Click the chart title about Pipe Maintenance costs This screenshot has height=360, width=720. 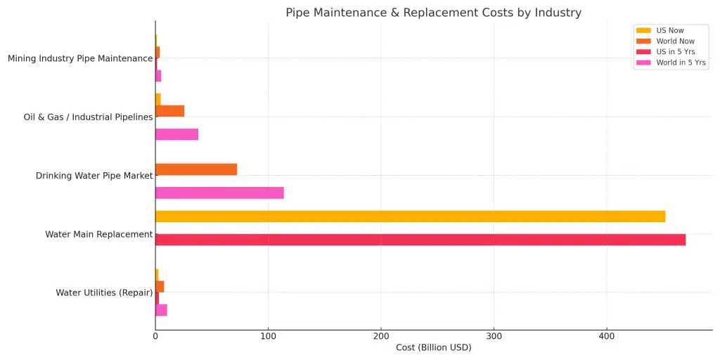[433, 13]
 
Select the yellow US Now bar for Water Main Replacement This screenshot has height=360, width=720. [410, 217]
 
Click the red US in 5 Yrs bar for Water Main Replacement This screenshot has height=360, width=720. [420, 240]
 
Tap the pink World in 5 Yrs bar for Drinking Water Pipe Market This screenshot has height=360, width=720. [219, 193]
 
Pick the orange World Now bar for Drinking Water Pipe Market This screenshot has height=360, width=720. [196, 169]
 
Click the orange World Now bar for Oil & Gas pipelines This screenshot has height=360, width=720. [170, 111]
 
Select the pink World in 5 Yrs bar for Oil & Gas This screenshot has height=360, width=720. [176, 134]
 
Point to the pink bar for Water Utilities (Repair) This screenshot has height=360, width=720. [161, 310]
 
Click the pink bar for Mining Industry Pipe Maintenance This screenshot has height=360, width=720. [158, 76]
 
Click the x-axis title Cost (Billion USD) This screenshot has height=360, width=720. [433, 348]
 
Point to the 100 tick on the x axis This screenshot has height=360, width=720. [268, 336]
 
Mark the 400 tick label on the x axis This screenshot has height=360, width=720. [607, 336]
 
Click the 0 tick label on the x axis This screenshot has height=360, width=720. [155, 336]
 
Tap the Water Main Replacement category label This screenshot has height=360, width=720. [98, 234]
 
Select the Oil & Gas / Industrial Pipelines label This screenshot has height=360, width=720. [88, 117]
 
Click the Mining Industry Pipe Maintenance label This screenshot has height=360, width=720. [80, 58]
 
